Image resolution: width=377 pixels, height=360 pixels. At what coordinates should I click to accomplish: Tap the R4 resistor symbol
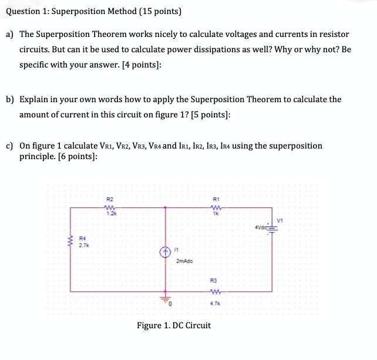[72, 241]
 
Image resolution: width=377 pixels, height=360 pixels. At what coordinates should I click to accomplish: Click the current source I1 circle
[166, 251]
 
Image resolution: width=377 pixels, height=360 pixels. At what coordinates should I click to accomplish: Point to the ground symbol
[166, 298]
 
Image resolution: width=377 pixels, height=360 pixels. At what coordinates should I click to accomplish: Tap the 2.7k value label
[82, 245]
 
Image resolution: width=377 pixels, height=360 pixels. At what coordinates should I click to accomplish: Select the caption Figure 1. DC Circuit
[173, 325]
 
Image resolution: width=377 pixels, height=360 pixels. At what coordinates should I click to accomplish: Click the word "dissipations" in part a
[210, 49]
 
